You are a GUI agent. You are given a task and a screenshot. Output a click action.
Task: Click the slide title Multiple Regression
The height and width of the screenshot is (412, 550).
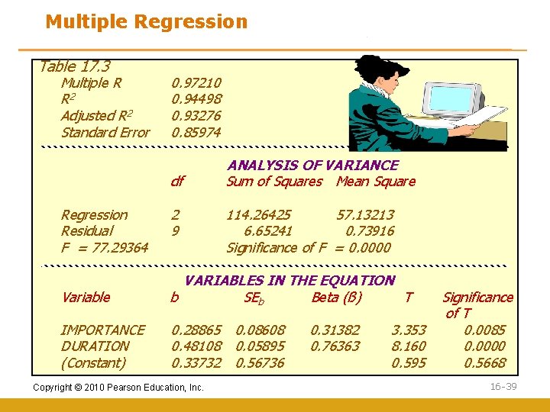147,21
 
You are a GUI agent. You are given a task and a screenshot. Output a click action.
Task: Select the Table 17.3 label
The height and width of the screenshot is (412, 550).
74,67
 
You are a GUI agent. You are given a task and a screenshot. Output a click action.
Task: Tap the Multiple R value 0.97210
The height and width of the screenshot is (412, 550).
196,82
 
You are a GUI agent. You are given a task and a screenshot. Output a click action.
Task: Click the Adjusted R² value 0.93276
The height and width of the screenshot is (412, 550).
196,116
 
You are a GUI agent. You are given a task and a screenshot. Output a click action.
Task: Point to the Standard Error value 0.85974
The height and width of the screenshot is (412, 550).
196,133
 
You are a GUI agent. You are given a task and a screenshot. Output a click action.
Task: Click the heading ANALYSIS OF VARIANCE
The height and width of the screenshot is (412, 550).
312,165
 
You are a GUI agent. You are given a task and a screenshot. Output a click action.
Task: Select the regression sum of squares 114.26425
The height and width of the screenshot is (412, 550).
258,215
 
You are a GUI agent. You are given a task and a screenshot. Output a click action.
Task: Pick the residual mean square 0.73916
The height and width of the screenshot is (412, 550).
370,231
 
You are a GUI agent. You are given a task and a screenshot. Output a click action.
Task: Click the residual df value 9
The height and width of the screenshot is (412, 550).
175,231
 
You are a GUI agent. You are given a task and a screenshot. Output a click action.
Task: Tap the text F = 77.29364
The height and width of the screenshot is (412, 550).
105,248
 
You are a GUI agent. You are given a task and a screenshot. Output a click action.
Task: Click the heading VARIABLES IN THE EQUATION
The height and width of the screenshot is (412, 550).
290,281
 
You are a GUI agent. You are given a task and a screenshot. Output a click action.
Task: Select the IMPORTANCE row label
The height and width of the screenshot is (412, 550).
102,330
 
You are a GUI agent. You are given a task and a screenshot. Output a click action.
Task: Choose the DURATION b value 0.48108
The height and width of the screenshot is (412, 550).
196,346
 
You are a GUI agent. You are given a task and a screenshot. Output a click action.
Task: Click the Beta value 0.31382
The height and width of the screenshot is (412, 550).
335,330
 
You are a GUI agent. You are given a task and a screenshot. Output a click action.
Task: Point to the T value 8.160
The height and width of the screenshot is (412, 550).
409,346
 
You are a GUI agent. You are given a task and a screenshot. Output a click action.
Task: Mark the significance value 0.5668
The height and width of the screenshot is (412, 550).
484,363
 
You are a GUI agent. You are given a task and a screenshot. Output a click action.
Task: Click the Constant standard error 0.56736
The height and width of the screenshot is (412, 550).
260,363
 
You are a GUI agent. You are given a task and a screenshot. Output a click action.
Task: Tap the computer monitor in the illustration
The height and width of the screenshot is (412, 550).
455,99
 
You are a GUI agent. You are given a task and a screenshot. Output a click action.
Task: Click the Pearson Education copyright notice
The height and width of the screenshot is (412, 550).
118,388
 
